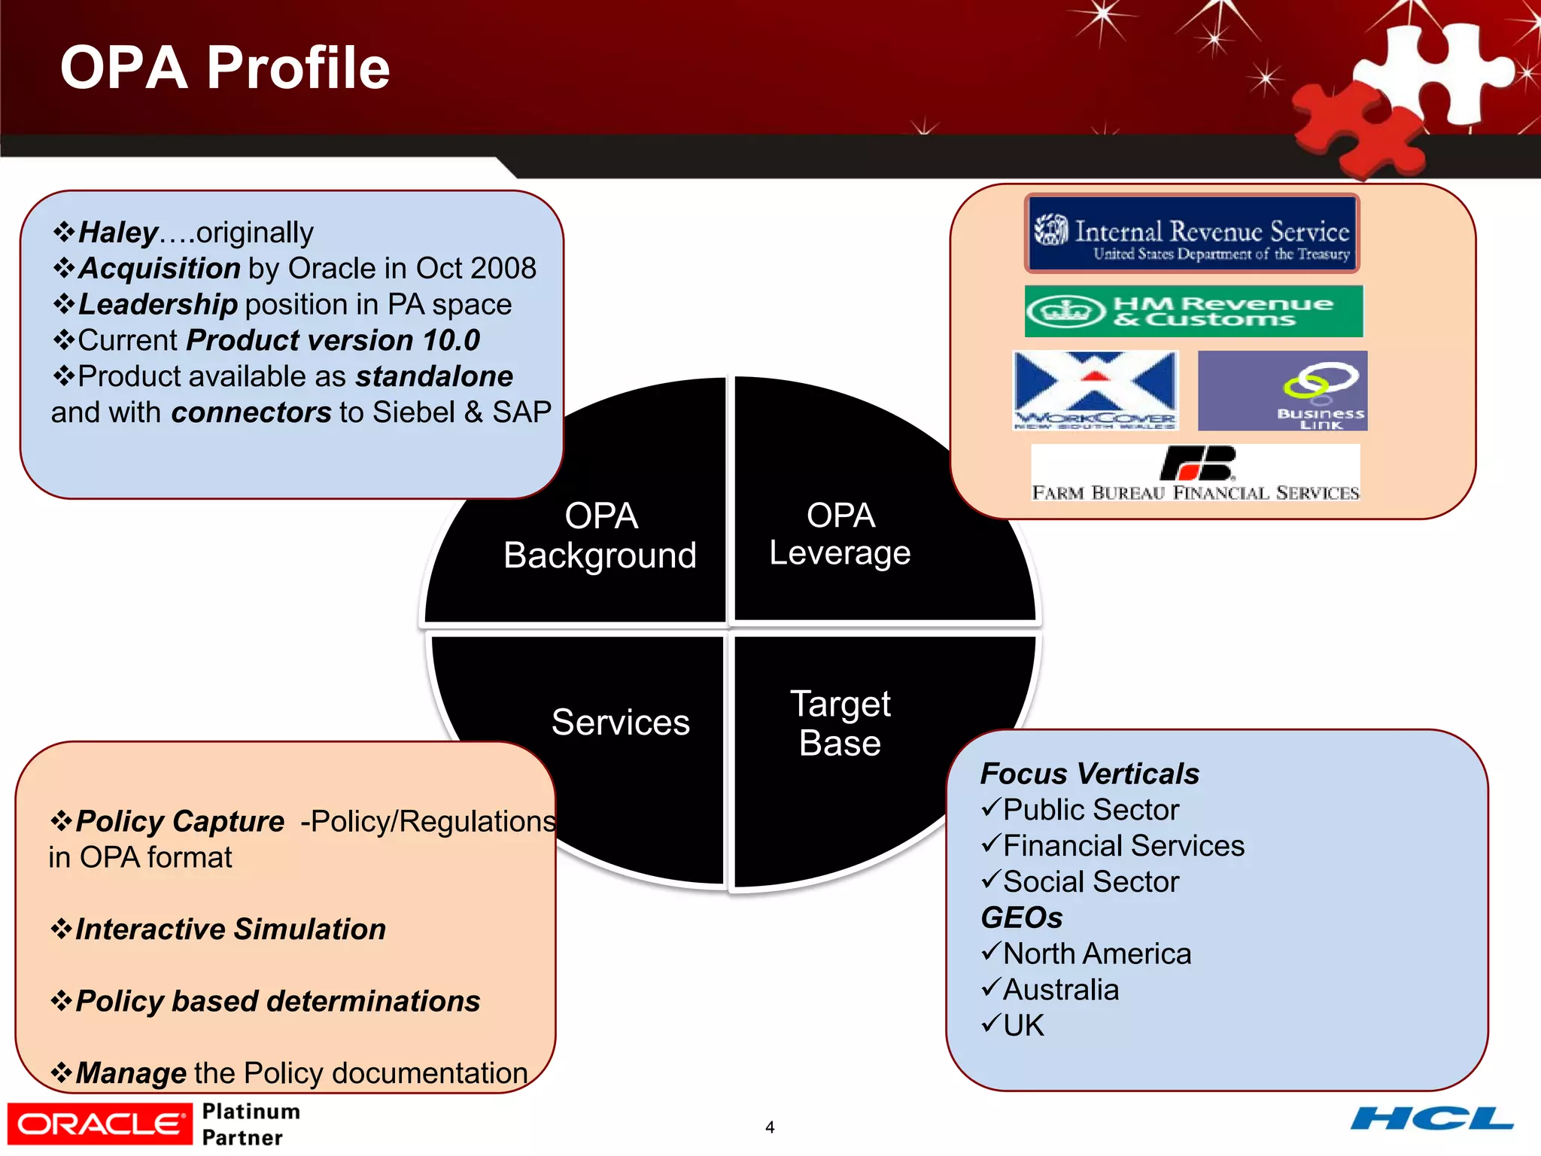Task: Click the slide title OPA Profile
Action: [224, 68]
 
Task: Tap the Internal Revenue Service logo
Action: [1192, 234]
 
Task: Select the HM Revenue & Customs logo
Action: [1193, 311]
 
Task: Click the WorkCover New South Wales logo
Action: [1095, 390]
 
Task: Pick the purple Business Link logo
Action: [1282, 391]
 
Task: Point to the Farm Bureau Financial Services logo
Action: [1195, 473]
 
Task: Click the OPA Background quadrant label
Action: [600, 536]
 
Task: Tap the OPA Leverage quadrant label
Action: [840, 534]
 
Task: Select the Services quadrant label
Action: [620, 722]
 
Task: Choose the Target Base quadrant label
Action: [840, 723]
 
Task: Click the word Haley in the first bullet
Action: [118, 233]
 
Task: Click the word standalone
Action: [434, 376]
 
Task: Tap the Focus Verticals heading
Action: [1089, 774]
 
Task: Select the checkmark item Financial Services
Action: [1123, 846]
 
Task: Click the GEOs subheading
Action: [1021, 917]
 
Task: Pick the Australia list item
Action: [1060, 990]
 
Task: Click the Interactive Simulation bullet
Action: [230, 929]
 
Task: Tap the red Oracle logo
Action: [99, 1124]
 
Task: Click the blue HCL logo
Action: [1431, 1119]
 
